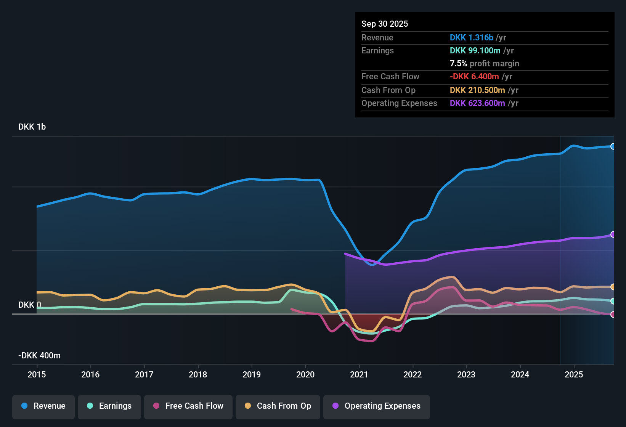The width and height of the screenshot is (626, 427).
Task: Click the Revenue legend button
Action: point(43,406)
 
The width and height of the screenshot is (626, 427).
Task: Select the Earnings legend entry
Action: point(109,406)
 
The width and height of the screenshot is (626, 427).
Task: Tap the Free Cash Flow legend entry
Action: point(188,406)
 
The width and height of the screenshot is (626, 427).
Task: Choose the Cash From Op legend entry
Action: point(278,406)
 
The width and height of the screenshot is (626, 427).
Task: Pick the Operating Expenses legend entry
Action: point(377,406)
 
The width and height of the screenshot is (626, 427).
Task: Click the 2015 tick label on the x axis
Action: point(37,374)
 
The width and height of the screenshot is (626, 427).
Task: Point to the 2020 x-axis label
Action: point(305,374)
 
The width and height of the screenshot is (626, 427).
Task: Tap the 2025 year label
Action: point(574,374)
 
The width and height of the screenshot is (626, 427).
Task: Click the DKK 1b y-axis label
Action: point(32,127)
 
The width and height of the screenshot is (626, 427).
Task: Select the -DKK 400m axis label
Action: point(40,356)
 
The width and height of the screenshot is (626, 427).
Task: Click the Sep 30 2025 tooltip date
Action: point(385,24)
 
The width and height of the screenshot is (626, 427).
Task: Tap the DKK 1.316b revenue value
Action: point(472,37)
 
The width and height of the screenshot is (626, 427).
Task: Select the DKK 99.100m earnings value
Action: point(475,50)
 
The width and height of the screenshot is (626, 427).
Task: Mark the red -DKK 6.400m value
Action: point(474,76)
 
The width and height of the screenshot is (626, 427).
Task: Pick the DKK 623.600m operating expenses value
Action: point(477,103)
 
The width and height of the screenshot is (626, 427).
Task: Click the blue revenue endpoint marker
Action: point(613,146)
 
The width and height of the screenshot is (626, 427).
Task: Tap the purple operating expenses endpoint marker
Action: point(613,234)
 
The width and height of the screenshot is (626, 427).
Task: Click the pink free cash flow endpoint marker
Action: point(613,315)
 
